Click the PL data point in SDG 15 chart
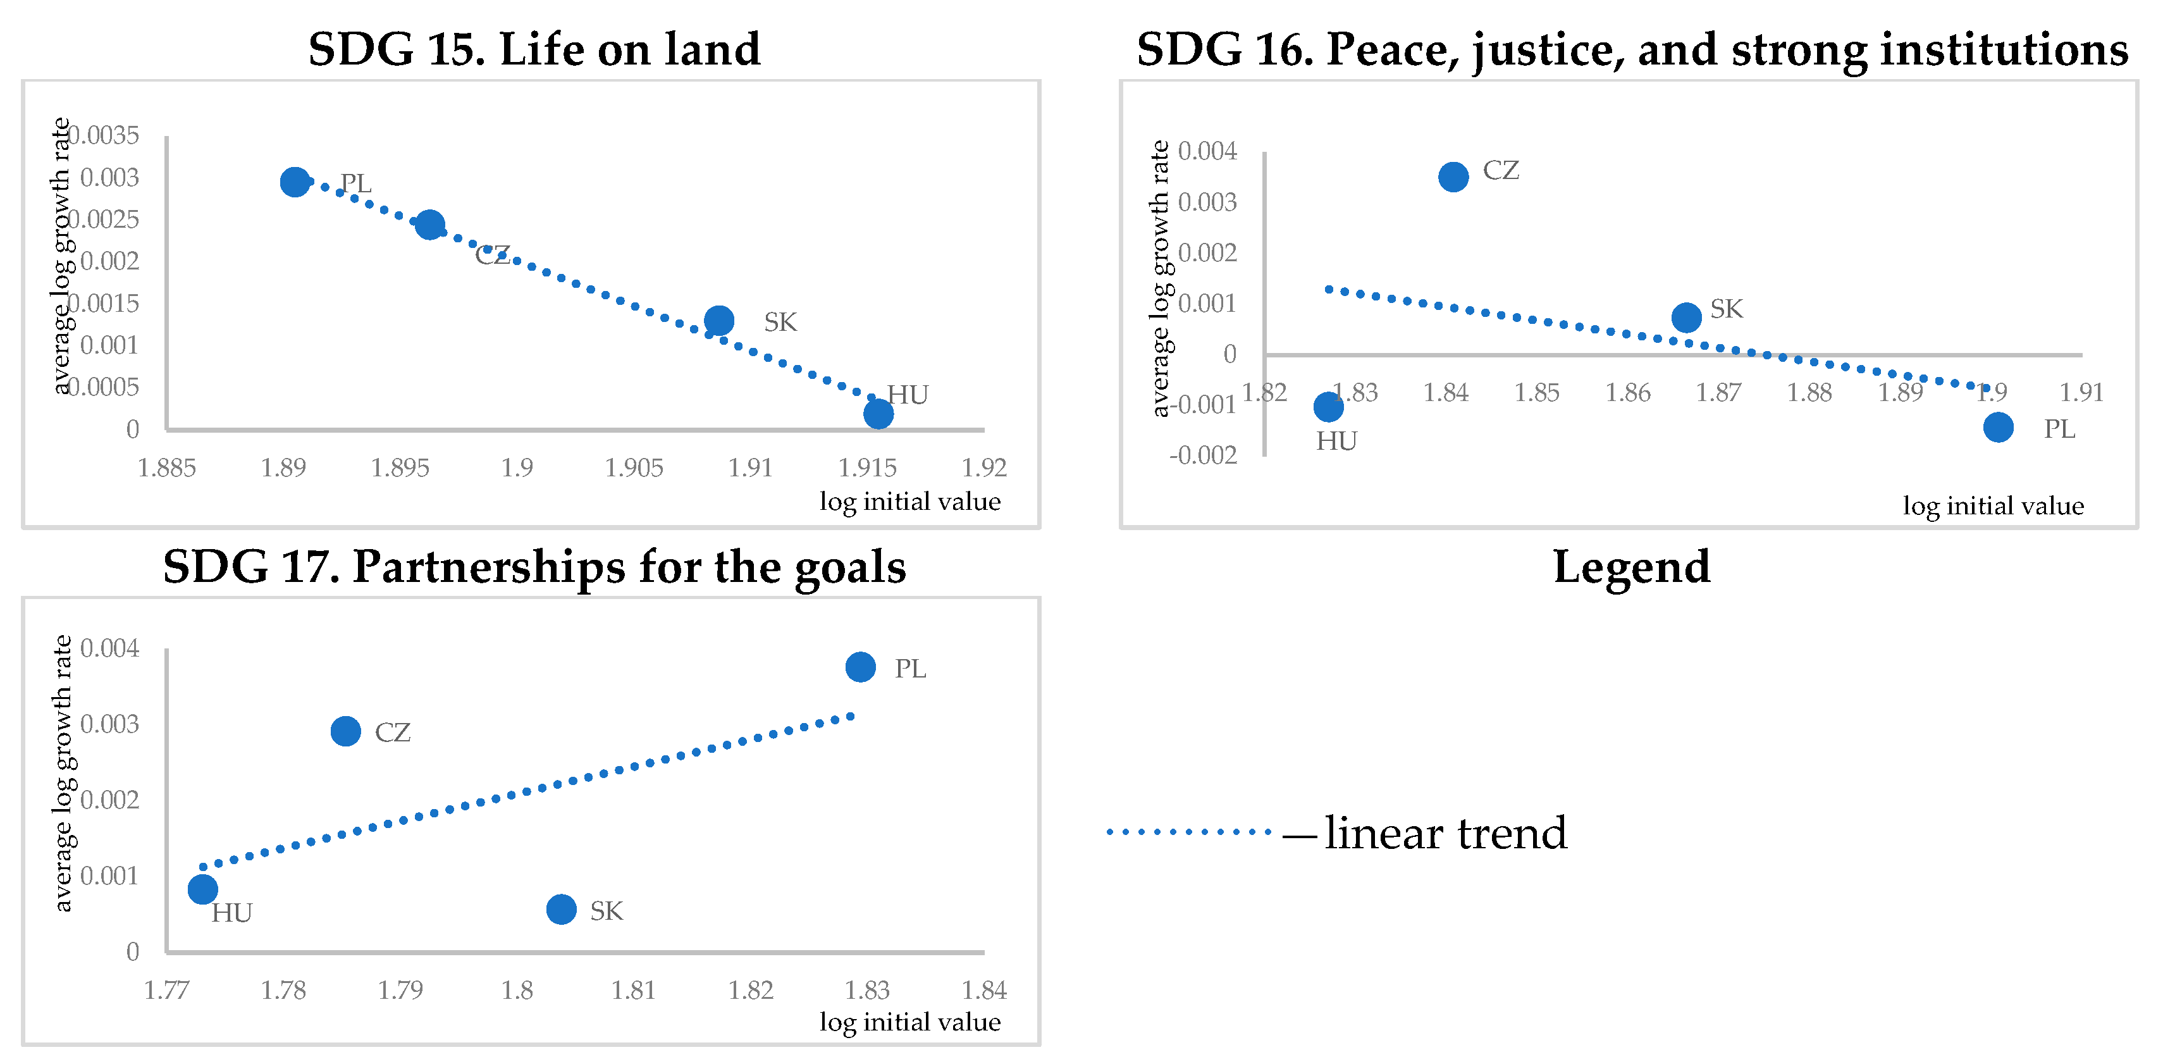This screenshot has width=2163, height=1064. (x=295, y=182)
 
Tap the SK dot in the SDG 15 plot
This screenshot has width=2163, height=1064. (x=718, y=320)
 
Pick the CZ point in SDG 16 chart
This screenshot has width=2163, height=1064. (x=1453, y=176)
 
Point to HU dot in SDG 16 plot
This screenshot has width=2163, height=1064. (x=1328, y=407)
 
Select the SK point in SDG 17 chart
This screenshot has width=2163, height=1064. (x=561, y=908)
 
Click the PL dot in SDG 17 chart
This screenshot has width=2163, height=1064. (x=861, y=667)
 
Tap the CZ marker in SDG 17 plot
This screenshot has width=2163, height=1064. (x=346, y=731)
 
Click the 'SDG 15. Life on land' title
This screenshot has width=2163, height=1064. (x=534, y=49)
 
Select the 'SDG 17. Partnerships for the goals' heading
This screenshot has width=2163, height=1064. (x=534, y=567)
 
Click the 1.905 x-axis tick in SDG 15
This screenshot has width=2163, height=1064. (x=634, y=467)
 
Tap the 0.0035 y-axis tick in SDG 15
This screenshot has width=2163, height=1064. (x=104, y=135)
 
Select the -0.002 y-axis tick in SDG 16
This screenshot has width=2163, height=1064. (x=1204, y=455)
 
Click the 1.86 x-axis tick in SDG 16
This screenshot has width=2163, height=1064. (x=1627, y=392)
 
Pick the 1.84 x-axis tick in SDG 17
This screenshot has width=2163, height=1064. (x=983, y=990)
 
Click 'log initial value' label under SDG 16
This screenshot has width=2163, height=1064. (x=1992, y=505)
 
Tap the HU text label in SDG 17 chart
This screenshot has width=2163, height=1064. (x=231, y=913)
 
